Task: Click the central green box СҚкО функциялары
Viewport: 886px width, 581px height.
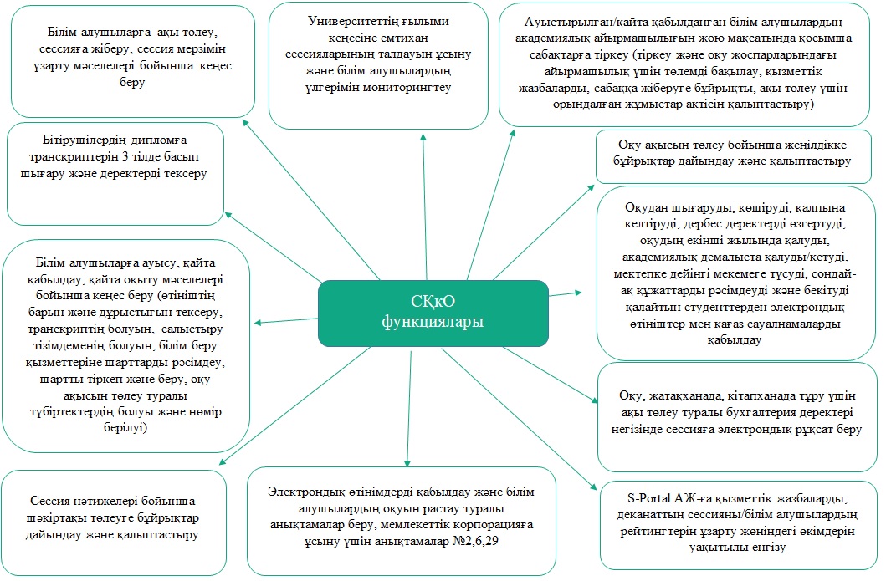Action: point(433,312)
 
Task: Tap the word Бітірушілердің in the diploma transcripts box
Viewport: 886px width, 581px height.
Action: point(80,140)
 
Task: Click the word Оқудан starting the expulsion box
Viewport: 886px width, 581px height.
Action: point(649,206)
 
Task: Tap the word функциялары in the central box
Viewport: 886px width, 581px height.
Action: point(433,323)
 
